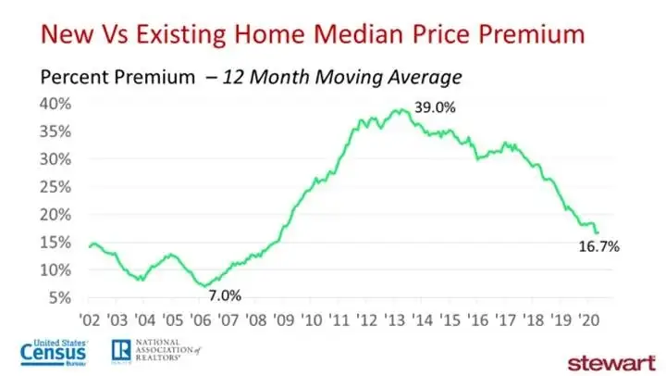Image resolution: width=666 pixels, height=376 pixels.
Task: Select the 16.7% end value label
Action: click(598, 247)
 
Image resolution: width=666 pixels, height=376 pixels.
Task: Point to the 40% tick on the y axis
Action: click(53, 103)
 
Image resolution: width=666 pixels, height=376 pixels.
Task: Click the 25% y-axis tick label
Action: click(53, 186)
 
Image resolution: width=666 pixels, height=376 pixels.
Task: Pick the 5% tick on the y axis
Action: click(56, 297)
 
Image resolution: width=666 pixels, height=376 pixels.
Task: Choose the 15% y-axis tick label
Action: click(53, 242)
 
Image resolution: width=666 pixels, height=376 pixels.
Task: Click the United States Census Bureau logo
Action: click(55, 352)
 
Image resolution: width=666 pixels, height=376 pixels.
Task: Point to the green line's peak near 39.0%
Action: click(400, 110)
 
